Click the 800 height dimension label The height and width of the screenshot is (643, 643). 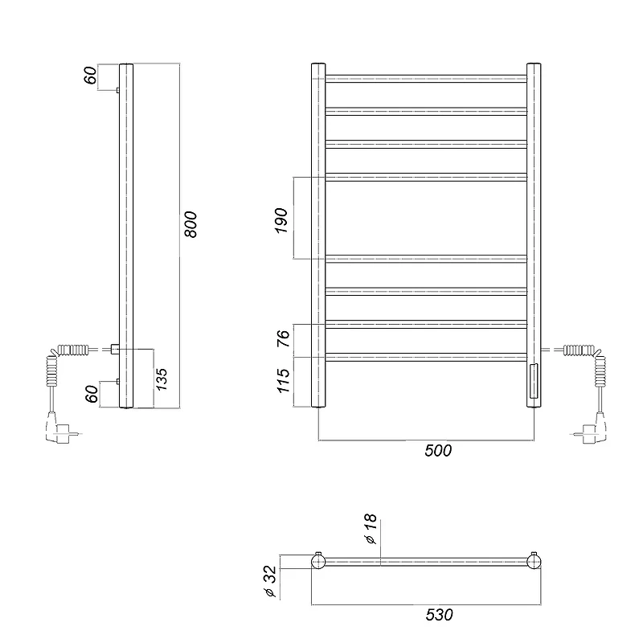pyautogui.click(x=190, y=224)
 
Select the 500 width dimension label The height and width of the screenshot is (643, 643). pyautogui.click(x=438, y=451)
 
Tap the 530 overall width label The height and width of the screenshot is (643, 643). pyautogui.click(x=439, y=615)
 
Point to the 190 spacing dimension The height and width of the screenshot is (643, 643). pyautogui.click(x=281, y=220)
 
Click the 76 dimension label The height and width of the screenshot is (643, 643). pyautogui.click(x=284, y=338)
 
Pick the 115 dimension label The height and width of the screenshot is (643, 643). pyautogui.click(x=284, y=380)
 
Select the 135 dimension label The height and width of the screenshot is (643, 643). pyautogui.click(x=162, y=379)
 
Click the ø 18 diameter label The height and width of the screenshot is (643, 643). pyautogui.click(x=371, y=529)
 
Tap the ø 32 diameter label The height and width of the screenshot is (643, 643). pyautogui.click(x=270, y=581)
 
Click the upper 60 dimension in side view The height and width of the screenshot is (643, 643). pyautogui.click(x=90, y=75)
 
